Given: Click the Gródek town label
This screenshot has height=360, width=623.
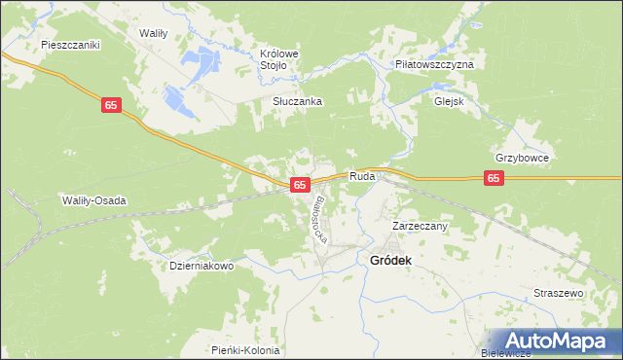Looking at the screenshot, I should click(x=390, y=261).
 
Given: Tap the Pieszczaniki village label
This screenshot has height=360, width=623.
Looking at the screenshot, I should click(x=71, y=45).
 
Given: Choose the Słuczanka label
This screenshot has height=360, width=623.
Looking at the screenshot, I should click(x=297, y=101).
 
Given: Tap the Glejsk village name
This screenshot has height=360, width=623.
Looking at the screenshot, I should click(x=449, y=100).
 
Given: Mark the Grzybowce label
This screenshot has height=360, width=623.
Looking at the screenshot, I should click(x=523, y=158).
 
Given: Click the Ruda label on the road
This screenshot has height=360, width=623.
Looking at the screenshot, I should click(x=362, y=177).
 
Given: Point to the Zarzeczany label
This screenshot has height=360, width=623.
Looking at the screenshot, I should click(x=420, y=226).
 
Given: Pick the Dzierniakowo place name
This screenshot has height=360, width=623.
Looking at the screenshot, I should click(x=202, y=266).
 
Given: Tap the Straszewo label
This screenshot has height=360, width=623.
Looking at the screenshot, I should click(x=558, y=293).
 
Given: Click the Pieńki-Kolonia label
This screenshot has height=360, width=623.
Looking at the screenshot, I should click(x=245, y=350).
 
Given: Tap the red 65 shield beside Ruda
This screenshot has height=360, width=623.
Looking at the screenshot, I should click(x=300, y=184).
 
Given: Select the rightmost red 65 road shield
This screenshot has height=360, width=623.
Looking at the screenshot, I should click(x=495, y=178).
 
